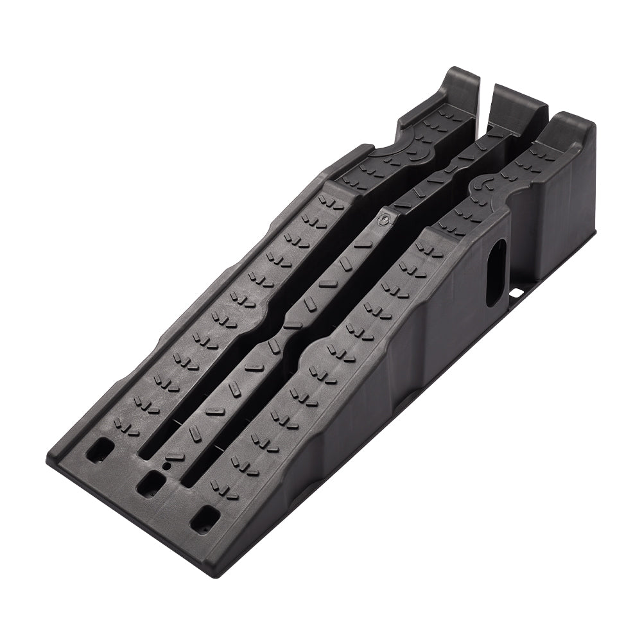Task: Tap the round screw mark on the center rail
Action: tap(384, 219)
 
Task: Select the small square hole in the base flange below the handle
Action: tap(516, 293)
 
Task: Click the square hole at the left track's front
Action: tap(100, 452)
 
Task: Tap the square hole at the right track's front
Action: tap(205, 518)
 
